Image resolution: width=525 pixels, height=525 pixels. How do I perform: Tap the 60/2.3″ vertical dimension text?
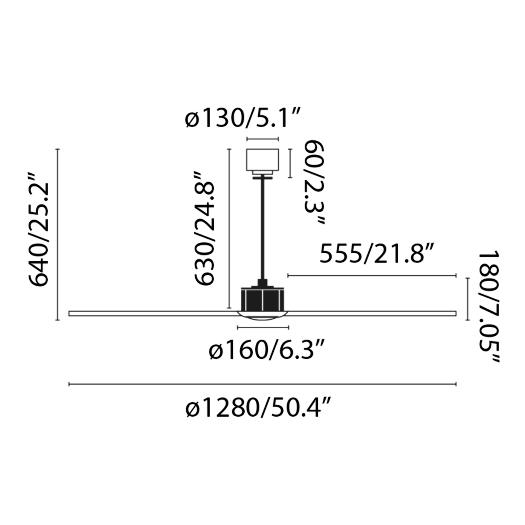314,182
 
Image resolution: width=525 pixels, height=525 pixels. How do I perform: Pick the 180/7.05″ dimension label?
489,307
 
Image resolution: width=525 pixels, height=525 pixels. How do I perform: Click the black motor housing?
262,299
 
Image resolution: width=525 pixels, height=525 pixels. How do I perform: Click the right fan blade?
372,313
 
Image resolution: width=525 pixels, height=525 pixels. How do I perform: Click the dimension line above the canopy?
262,139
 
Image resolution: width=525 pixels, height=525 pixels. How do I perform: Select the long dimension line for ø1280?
262,384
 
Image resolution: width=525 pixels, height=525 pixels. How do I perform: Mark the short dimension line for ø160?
263,328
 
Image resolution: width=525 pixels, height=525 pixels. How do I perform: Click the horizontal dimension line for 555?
372,276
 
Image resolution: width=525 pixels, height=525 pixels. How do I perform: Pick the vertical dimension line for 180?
468,299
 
